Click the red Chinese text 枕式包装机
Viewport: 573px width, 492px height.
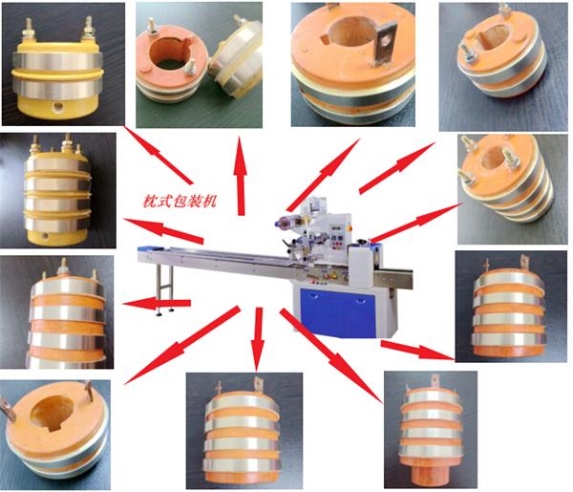point(180,201)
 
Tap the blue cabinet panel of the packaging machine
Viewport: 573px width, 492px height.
point(337,312)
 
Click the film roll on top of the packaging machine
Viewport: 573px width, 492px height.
point(286,223)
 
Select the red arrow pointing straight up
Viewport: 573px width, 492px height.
point(241,176)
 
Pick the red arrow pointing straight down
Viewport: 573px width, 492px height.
point(258,339)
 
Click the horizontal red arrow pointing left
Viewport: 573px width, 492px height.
point(157,303)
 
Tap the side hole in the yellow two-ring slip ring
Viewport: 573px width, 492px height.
point(57,107)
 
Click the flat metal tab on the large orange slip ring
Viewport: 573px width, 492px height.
point(385,44)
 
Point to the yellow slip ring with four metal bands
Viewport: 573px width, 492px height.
point(57,191)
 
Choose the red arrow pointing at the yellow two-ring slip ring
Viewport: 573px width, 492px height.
point(158,155)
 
